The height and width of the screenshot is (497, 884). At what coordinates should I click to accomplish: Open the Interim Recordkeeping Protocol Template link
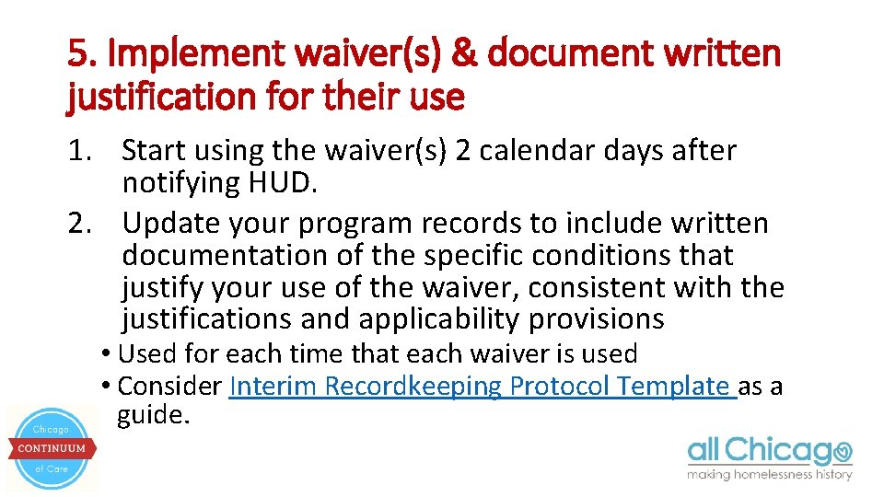(483, 386)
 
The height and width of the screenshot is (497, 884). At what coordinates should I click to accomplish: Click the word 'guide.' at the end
(154, 415)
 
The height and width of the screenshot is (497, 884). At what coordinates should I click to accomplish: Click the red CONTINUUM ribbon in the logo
(52, 448)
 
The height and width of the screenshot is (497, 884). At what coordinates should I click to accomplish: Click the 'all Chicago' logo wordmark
(769, 451)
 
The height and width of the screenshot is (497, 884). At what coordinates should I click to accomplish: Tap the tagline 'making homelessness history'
(769, 475)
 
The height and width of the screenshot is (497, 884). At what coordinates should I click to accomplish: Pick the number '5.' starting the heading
(83, 54)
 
